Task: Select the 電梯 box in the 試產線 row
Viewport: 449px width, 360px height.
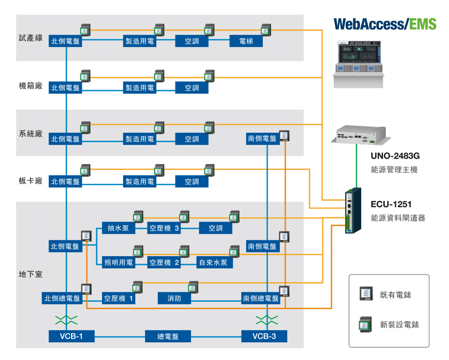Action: coord(246,42)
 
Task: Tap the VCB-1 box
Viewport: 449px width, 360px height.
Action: coord(71,336)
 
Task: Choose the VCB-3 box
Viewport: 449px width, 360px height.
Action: coord(264,336)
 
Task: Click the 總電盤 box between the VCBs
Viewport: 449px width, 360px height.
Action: coord(168,336)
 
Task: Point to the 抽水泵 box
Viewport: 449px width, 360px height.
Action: coord(118,228)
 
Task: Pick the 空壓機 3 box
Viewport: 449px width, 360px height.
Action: coord(164,228)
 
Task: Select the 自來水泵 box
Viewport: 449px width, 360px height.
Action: coord(215,263)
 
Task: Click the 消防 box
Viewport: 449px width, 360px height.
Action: coord(174,298)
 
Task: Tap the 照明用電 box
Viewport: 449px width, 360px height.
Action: coord(119,263)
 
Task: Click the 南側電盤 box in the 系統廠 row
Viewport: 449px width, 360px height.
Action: coord(262,139)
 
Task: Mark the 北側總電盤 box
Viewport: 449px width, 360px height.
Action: coord(61,298)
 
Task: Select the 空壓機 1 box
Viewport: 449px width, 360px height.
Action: coord(118,298)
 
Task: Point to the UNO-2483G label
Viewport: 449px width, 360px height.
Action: coord(395,156)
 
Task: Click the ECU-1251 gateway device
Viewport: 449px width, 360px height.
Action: coord(352,210)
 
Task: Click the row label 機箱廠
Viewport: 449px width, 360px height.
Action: coord(31,86)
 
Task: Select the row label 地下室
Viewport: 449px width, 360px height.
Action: coord(31,274)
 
